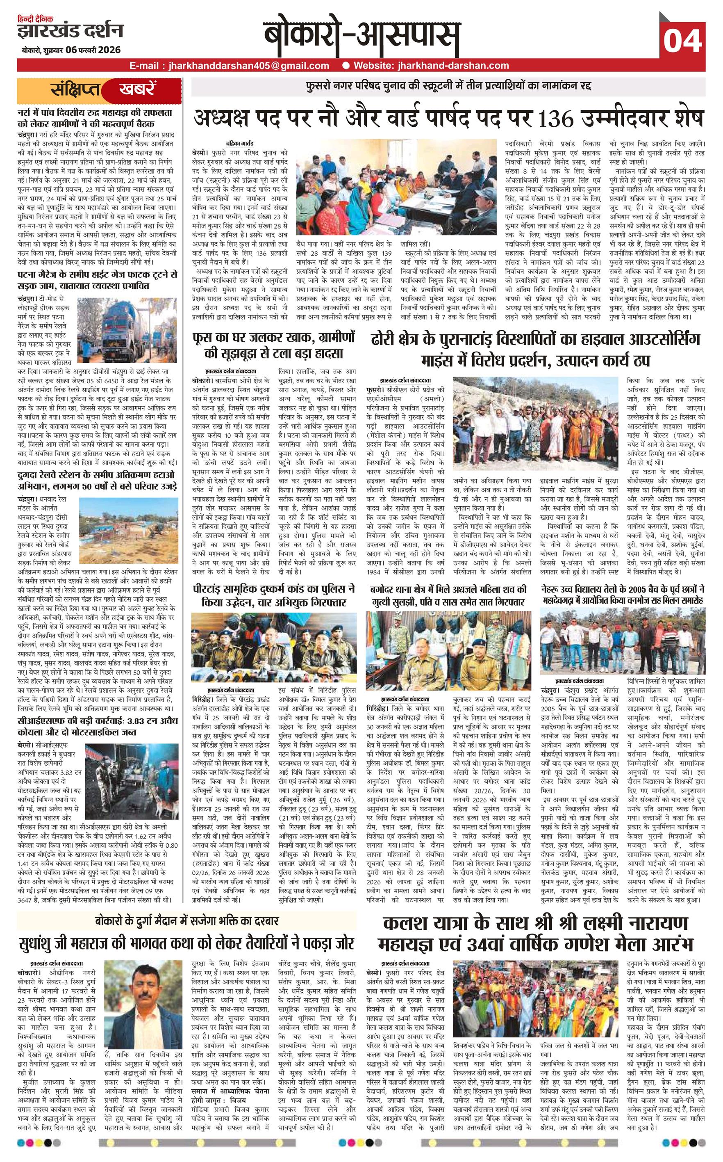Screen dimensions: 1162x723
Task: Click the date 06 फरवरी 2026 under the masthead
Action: tap(93, 50)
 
